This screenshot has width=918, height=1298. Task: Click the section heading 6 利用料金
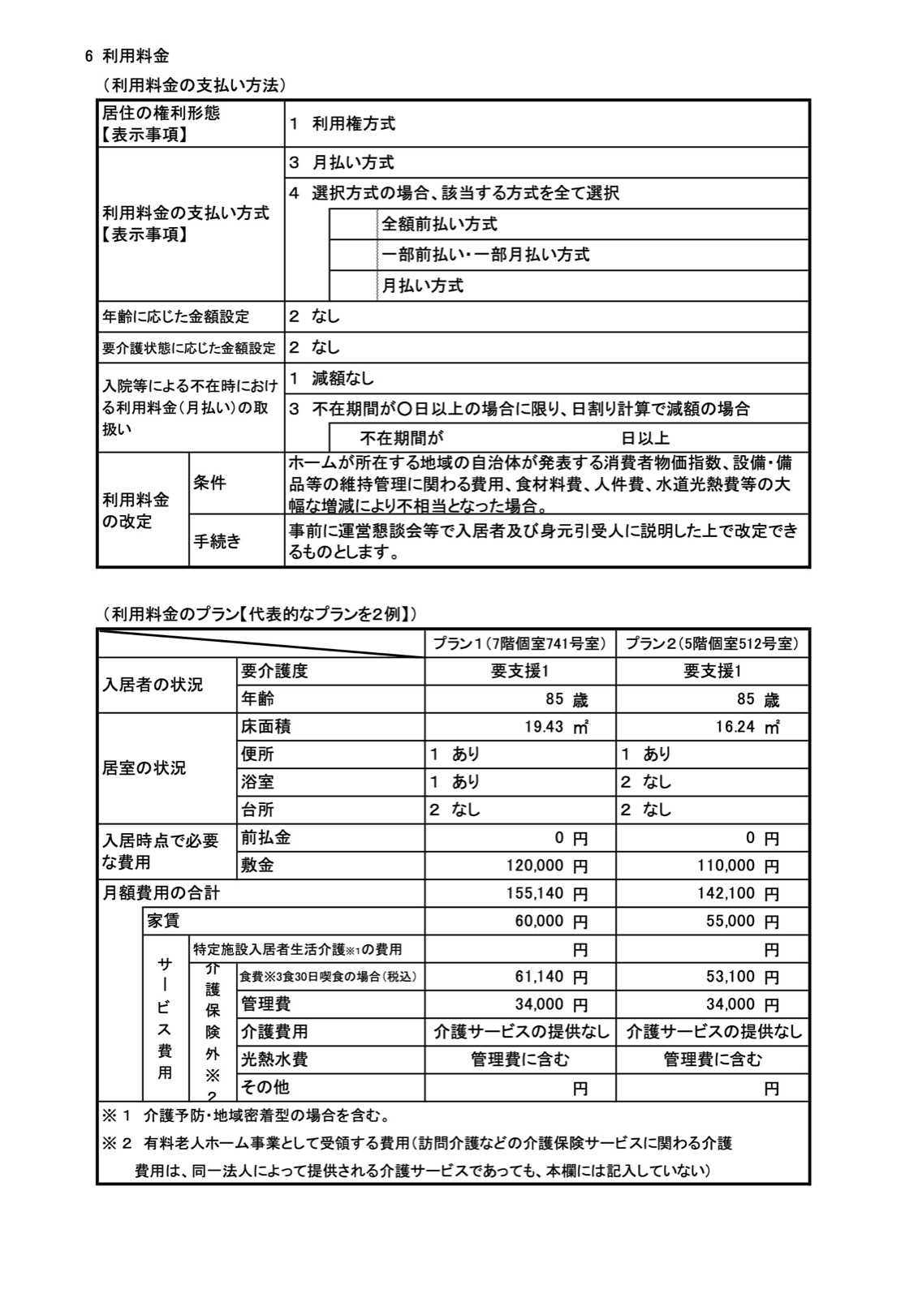coord(127,56)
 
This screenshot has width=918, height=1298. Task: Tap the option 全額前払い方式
coord(439,224)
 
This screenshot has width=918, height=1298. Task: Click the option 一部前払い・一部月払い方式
coord(485,255)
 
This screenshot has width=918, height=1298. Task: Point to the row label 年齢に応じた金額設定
coord(175,316)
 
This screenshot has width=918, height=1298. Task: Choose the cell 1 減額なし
coord(331,378)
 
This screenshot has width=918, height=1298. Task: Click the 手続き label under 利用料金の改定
coord(217,541)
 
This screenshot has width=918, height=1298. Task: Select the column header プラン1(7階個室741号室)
coord(519,643)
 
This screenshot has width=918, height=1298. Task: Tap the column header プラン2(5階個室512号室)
coord(712,643)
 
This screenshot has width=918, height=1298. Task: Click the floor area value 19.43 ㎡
coord(556,727)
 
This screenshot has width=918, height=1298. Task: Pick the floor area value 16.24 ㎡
coord(747,727)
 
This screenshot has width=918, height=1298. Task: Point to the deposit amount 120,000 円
coord(546,866)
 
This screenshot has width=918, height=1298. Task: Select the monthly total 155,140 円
coord(546,893)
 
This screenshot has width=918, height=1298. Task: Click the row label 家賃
coord(163,921)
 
